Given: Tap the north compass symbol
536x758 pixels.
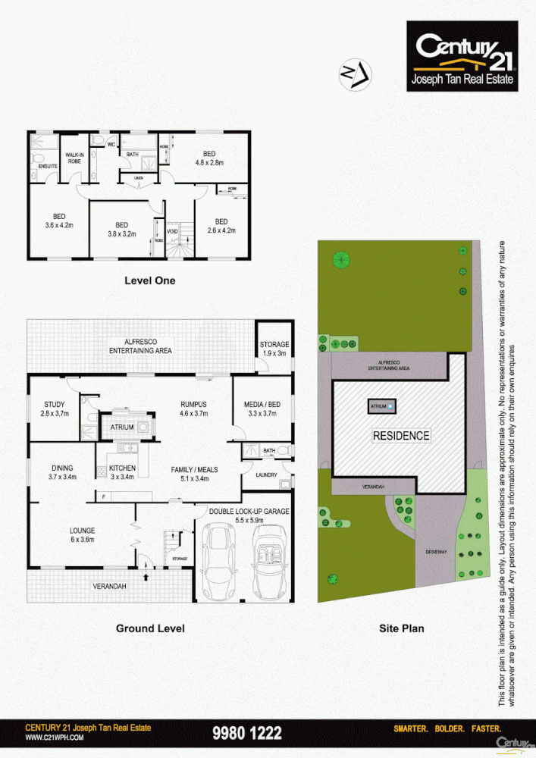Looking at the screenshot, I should pyautogui.click(x=354, y=74).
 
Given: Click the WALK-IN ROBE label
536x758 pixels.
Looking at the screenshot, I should pyautogui.click(x=74, y=158).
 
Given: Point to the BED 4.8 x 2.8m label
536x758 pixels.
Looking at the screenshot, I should pyautogui.click(x=208, y=158).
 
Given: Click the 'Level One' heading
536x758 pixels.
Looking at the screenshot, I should pyautogui.click(x=149, y=280).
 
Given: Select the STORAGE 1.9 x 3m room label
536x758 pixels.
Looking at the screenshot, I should pyautogui.click(x=274, y=349).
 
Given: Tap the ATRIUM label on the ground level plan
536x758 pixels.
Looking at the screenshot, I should pyautogui.click(x=122, y=428).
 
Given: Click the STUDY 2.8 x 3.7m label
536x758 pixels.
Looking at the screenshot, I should pyautogui.click(x=55, y=409).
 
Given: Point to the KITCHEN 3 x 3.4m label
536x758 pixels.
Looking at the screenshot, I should pyautogui.click(x=121, y=472).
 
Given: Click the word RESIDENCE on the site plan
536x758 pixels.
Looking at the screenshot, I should pyautogui.click(x=400, y=436).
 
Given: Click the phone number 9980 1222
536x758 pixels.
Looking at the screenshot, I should pyautogui.click(x=247, y=733).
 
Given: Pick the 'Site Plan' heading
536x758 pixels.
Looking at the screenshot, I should pyautogui.click(x=401, y=628).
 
